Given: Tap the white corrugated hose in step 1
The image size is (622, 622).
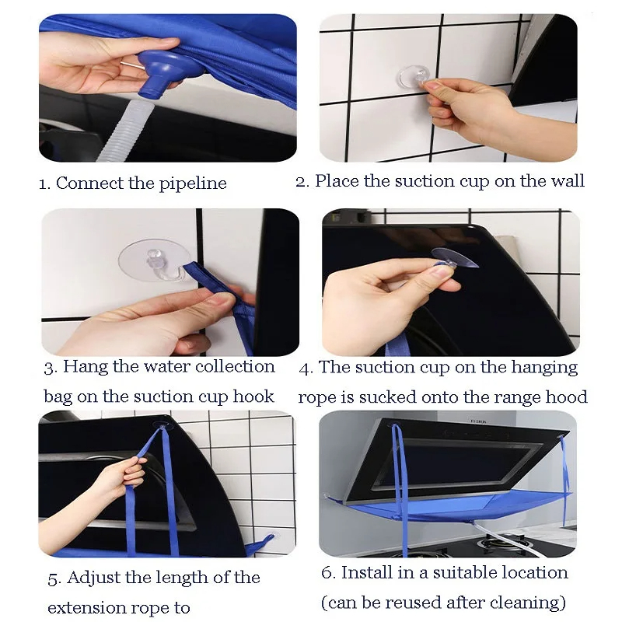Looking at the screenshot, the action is click(x=120, y=131).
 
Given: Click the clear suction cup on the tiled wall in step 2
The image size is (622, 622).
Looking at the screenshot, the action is click(x=414, y=77).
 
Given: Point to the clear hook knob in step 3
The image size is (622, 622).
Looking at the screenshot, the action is click(x=152, y=257).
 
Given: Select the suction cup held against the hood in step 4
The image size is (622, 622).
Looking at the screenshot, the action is click(x=455, y=257).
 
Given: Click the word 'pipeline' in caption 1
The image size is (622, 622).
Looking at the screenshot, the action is click(x=193, y=183).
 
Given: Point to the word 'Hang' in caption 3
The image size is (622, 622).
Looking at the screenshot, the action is click(x=86, y=367).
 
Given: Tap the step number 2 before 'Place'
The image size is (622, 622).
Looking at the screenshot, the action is click(x=302, y=182).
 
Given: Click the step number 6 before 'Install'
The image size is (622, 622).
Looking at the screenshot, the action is click(x=328, y=573).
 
